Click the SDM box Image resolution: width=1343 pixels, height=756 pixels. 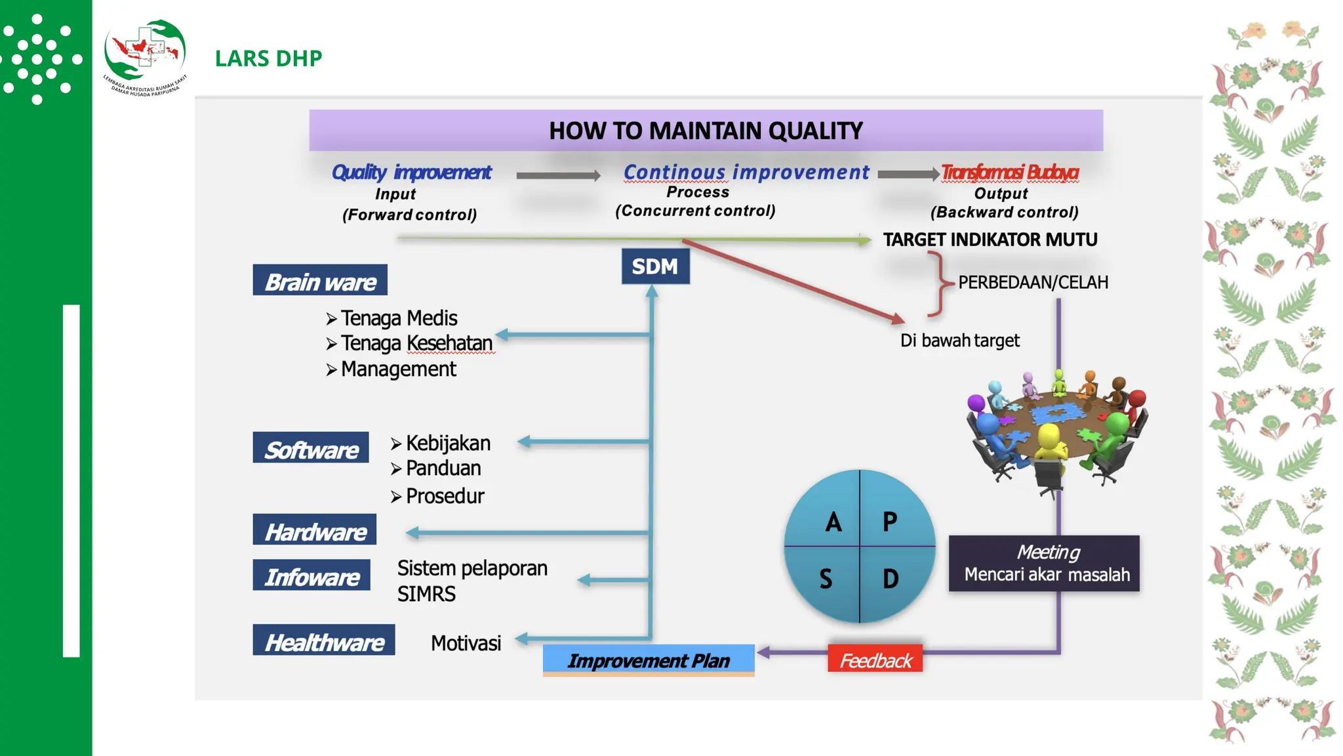coord(655,266)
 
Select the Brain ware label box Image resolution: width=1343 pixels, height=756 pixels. coord(320,281)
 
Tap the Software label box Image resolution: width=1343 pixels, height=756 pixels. coord(311,449)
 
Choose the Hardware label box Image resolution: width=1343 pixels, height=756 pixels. coord(315,530)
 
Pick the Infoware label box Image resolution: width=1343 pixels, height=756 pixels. coord(311,576)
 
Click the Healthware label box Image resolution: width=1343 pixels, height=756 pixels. coord(324,640)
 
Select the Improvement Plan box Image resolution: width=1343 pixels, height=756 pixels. coord(649,660)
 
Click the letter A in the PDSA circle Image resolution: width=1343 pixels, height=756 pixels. coord(833,522)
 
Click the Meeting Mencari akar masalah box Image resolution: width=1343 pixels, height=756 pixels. coord(1044,564)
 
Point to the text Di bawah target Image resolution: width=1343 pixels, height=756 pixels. coord(959,341)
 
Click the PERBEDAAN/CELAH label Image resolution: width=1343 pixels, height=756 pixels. coord(1033,282)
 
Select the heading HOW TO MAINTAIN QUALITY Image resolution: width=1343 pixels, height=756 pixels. coord(706,131)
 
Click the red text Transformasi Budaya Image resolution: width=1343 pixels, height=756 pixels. coord(1010,172)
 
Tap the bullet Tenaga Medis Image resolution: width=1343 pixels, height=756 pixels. coord(398,318)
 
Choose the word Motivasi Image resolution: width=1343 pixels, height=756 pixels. coord(466,643)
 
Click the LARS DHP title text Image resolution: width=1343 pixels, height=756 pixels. coord(268,58)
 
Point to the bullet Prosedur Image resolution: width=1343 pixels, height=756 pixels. coord(444,496)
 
